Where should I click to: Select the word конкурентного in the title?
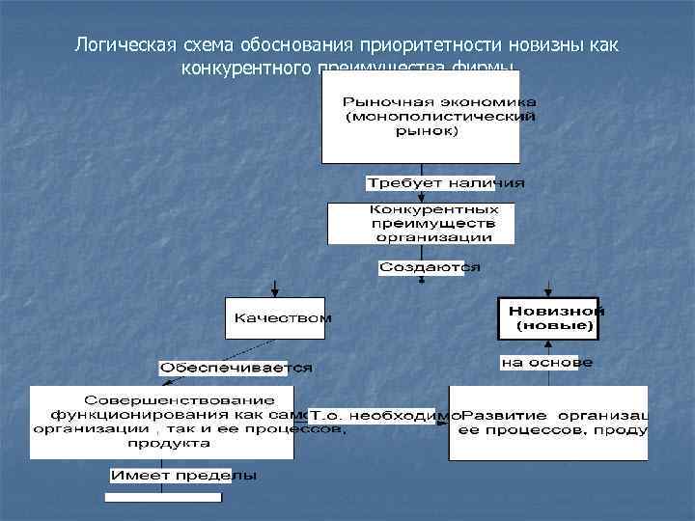click(x=241, y=69)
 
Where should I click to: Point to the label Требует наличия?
click(x=445, y=182)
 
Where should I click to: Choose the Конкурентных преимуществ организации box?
click(x=421, y=223)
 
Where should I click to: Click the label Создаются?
click(x=429, y=267)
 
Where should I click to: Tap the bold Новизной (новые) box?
click(x=547, y=318)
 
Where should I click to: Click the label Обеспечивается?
click(x=236, y=368)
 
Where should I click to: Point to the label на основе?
click(x=546, y=363)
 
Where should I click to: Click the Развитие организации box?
click(x=548, y=423)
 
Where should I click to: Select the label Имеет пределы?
click(x=183, y=476)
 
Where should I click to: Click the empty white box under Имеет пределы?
click(x=163, y=498)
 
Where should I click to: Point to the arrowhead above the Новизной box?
click(x=547, y=293)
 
